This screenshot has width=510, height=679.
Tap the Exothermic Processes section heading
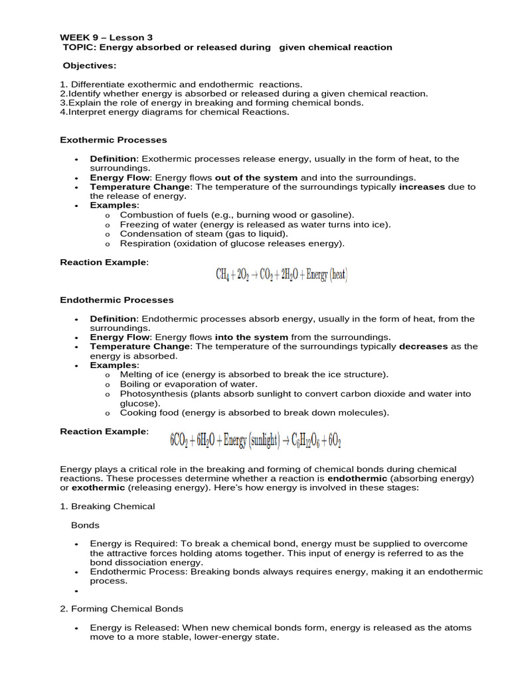pyautogui.click(x=114, y=140)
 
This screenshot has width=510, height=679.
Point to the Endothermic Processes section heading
pyautogui.click(x=116, y=300)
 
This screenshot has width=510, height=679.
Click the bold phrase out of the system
pyautogui.click(x=256, y=178)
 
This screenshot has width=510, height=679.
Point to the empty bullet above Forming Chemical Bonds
pyautogui.click(x=77, y=591)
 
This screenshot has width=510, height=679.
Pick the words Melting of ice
pyautogui.click(x=149, y=375)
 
